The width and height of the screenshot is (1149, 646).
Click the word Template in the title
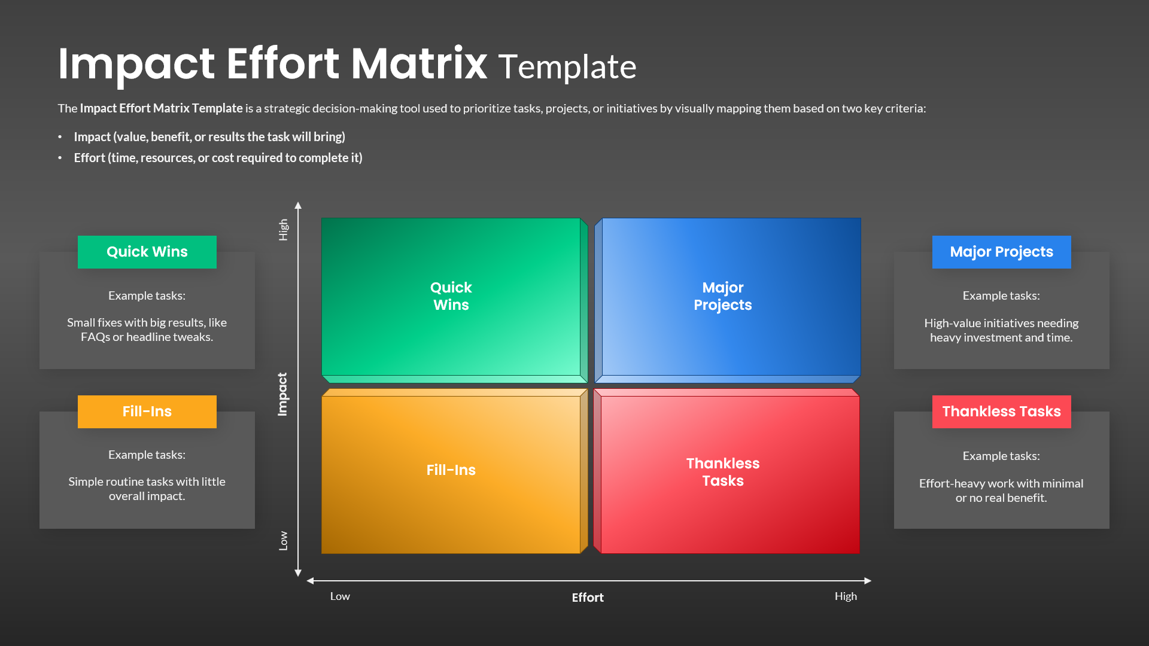click(x=567, y=67)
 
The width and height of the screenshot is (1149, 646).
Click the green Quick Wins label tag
click(x=147, y=252)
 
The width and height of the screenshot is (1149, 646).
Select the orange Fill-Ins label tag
click(x=147, y=412)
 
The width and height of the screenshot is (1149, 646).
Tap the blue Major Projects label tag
click(x=1001, y=252)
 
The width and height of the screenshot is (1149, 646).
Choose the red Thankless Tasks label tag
click(x=1001, y=412)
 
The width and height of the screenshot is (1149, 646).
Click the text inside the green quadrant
click(x=451, y=296)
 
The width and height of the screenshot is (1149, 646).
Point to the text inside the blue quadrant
click(x=722, y=296)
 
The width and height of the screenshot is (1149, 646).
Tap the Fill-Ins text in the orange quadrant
click(x=451, y=470)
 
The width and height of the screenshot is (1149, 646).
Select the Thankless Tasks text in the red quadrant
click(x=722, y=472)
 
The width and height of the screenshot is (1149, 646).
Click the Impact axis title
click(x=282, y=394)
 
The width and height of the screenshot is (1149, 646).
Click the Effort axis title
click(x=587, y=598)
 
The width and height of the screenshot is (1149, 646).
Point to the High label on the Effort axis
click(x=846, y=596)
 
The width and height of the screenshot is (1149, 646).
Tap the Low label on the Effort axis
click(x=340, y=596)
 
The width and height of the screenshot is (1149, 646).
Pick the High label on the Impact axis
click(x=283, y=230)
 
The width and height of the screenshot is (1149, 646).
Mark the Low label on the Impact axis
click(x=283, y=541)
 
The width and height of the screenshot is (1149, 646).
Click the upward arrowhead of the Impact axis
click(x=298, y=206)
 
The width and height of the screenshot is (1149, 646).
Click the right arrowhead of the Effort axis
click(x=868, y=581)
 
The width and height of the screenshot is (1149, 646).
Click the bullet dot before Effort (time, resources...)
click(x=60, y=158)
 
